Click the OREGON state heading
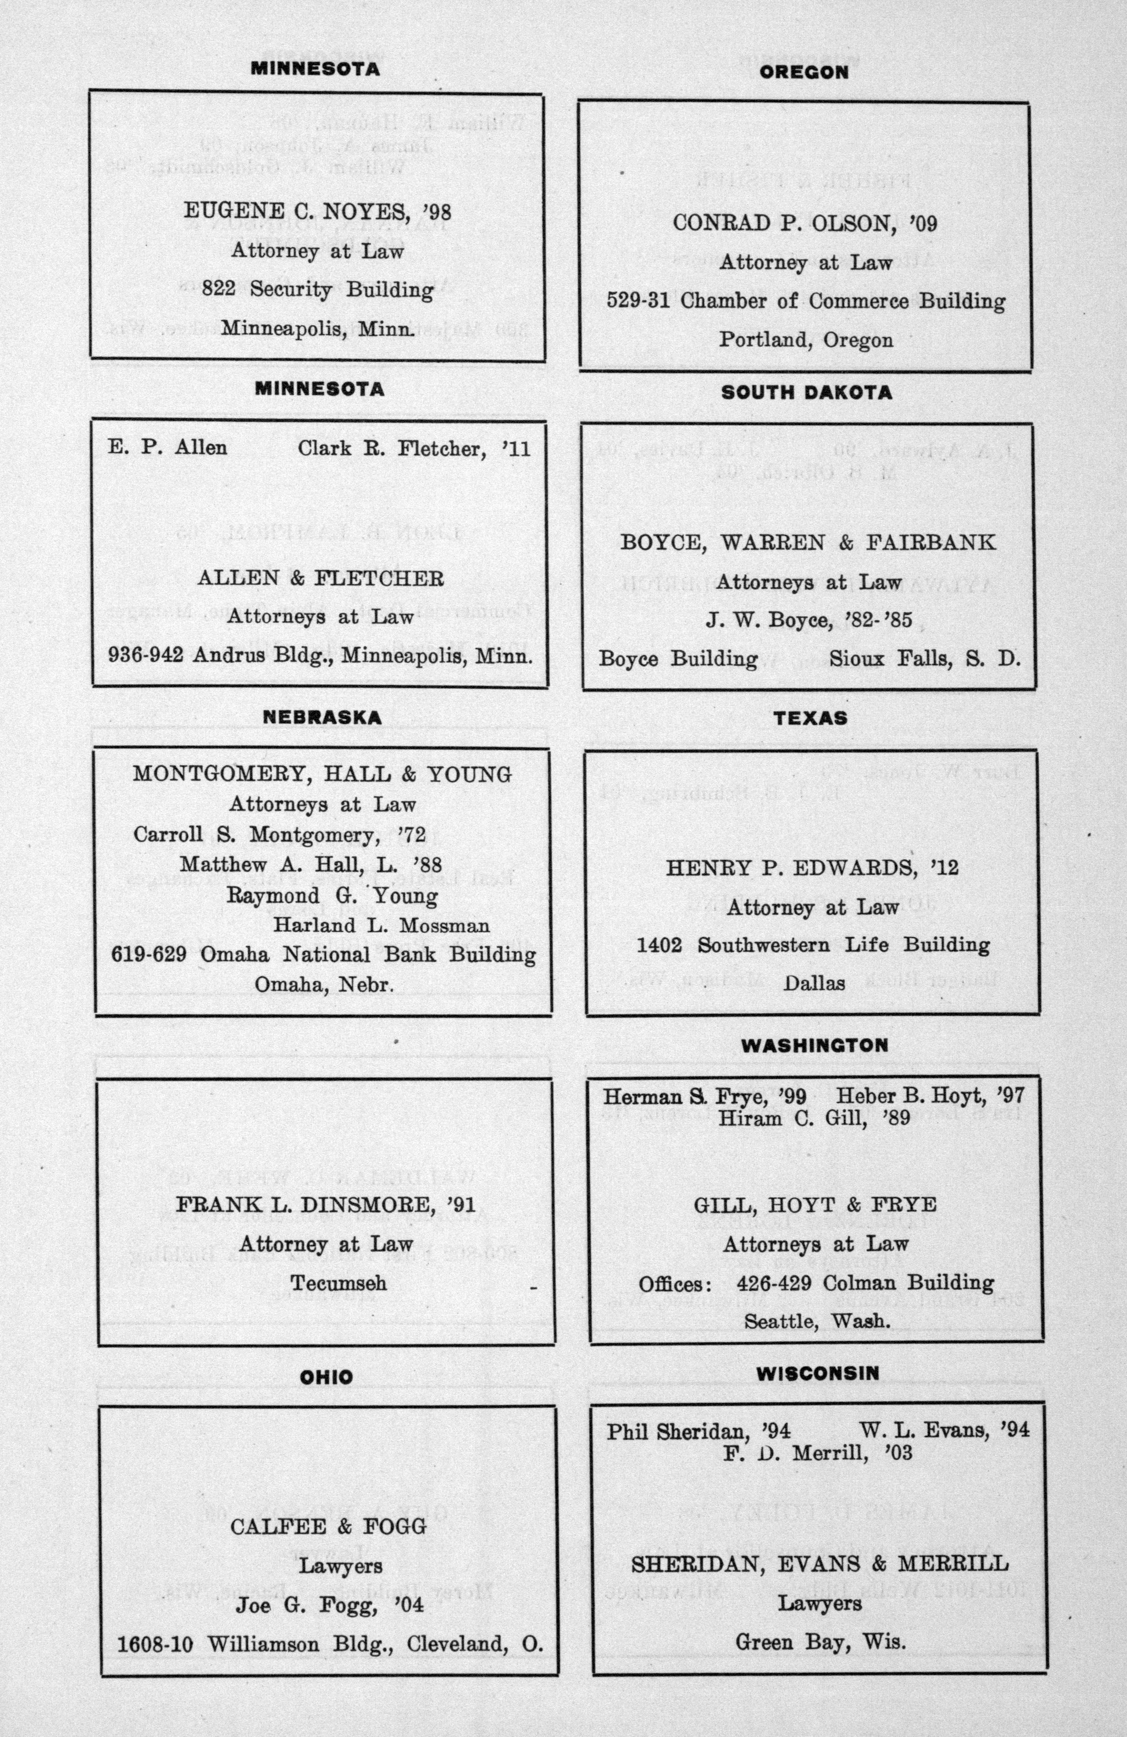point(803,72)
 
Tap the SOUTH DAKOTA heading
point(807,393)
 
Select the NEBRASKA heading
point(322,717)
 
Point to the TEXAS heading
point(811,718)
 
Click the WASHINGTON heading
point(814,1045)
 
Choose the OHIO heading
point(326,1377)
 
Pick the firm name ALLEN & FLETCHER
point(320,579)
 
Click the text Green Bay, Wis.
point(820,1642)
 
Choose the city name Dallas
point(814,983)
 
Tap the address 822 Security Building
point(318,290)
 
